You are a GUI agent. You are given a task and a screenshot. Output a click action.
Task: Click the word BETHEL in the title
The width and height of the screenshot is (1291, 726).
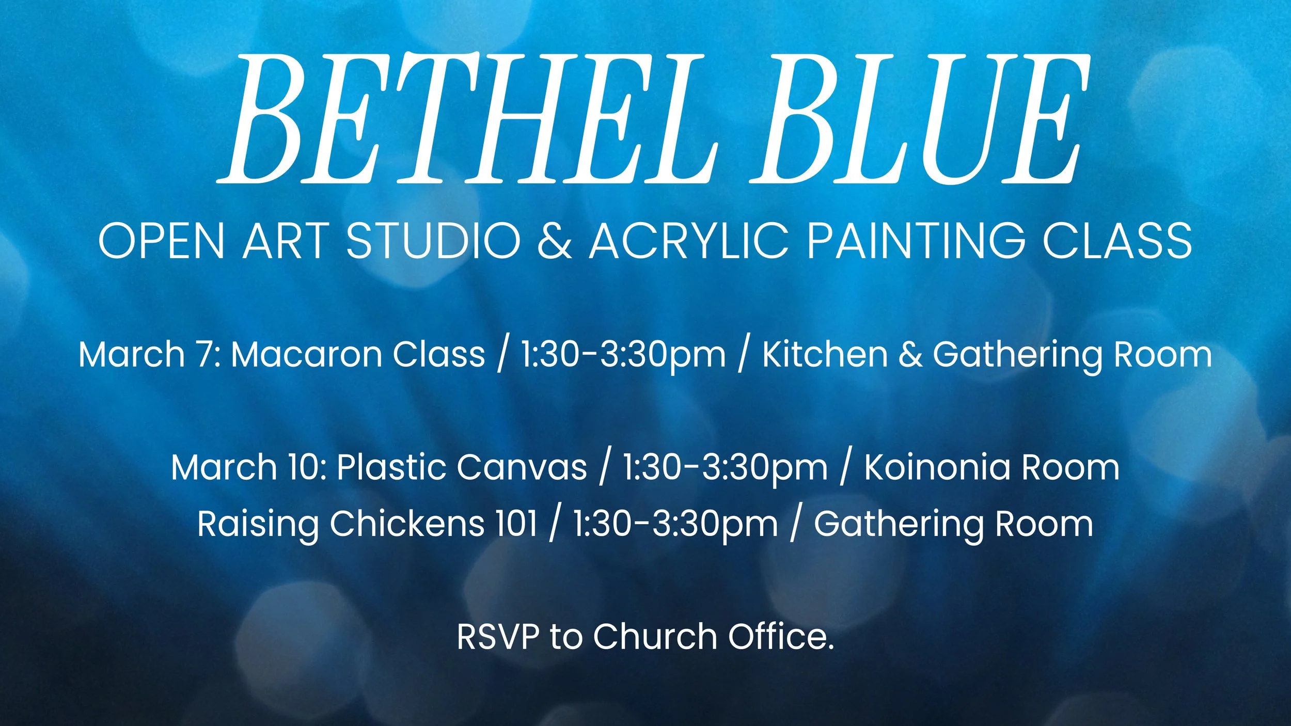467,119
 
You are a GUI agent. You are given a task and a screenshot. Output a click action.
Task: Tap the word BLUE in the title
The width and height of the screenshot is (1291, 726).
919,119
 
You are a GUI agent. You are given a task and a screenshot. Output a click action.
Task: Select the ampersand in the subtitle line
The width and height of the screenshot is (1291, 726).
555,241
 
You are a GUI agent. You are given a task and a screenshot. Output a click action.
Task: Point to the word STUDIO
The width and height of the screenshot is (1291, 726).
433,241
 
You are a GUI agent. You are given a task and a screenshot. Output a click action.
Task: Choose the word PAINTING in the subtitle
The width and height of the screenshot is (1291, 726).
916,241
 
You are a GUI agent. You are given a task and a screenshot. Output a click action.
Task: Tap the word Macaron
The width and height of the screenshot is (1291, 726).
305,355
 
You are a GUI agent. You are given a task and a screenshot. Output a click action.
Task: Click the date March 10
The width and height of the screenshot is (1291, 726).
248,467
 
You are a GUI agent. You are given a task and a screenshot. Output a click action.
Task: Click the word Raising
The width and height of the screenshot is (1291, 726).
258,525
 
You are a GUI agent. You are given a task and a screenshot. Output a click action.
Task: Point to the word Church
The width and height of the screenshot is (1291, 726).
655,636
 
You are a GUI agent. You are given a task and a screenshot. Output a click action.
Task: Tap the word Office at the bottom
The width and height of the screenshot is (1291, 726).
780,636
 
